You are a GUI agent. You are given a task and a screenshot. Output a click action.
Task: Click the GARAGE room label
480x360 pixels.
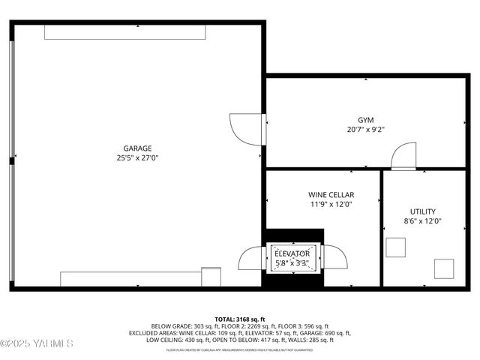click(138, 148)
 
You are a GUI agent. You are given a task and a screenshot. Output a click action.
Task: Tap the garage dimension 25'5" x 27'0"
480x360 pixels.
click(138, 158)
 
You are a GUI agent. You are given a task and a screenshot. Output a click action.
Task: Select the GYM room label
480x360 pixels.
click(365, 120)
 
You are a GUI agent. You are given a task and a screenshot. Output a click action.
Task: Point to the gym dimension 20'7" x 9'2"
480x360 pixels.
click(365, 130)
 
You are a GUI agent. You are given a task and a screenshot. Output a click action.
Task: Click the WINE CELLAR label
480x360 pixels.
click(331, 194)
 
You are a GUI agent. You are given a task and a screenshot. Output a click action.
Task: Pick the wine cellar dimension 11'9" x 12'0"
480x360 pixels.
click(331, 204)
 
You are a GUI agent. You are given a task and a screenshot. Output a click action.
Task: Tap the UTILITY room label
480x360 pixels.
click(422, 211)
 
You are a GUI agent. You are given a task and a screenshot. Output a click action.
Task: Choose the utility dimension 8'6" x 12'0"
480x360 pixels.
click(422, 221)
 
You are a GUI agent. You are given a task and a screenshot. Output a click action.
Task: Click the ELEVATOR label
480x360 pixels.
click(292, 253)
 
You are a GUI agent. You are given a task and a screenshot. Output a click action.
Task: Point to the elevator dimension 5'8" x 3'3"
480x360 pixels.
click(292, 262)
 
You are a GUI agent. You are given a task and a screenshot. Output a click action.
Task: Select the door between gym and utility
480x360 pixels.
click(403, 155)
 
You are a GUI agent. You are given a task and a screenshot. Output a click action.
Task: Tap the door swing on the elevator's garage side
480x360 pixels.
click(250, 258)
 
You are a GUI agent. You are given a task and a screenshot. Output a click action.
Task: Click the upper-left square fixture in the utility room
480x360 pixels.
click(395, 247)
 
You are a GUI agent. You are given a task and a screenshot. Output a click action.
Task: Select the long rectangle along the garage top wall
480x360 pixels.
click(124, 32)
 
